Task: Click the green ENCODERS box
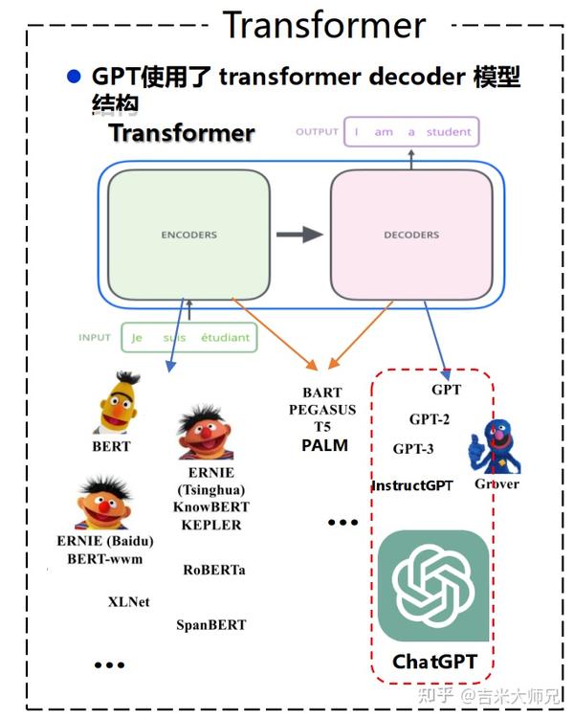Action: [188, 235]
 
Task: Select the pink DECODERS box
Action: [411, 235]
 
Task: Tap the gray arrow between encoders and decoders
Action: [299, 235]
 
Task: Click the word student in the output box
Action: [449, 132]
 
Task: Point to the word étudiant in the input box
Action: [226, 338]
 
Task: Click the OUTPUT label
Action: [317, 132]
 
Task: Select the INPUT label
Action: [95, 338]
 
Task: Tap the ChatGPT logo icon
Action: [433, 586]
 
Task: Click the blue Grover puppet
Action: [494, 446]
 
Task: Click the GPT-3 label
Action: [413, 448]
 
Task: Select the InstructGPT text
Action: [412, 485]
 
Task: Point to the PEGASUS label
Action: [322, 410]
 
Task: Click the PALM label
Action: [325, 445]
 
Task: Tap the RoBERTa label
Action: [214, 570]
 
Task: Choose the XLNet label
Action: [129, 601]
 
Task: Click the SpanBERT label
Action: [211, 624]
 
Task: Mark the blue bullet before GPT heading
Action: [74, 77]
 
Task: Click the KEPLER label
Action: [211, 525]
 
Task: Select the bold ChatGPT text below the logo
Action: [434, 662]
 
